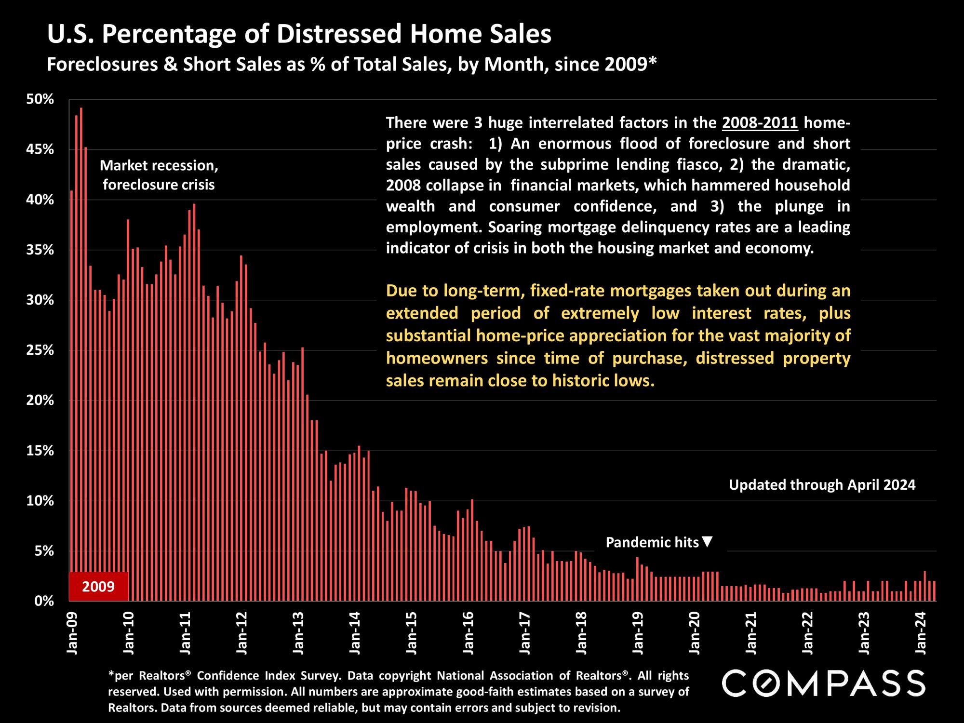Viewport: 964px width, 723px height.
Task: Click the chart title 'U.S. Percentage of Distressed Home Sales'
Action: [299, 35]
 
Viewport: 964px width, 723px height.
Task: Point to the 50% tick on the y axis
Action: [40, 100]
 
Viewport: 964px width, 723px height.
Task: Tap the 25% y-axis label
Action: [40, 350]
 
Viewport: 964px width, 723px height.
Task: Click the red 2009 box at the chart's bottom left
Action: [98, 586]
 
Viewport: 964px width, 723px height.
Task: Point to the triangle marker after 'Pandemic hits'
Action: [707, 542]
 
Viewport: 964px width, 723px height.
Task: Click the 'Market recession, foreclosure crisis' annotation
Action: [159, 175]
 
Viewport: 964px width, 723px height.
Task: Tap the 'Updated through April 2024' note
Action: [822, 484]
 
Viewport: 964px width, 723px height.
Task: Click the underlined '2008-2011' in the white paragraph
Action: [760, 123]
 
